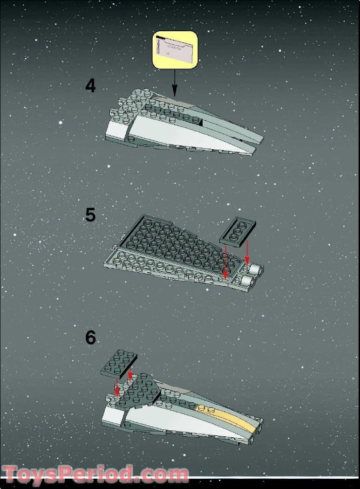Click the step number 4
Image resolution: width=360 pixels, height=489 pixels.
(90, 86)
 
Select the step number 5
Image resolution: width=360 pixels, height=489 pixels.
(90, 215)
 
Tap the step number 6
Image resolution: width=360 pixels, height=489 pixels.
(90, 337)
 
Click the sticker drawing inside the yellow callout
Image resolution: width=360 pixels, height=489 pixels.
(175, 49)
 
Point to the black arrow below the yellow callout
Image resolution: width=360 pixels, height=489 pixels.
(175, 83)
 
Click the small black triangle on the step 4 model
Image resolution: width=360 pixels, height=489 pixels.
(201, 123)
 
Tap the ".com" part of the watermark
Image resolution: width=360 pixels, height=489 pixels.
(161, 475)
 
